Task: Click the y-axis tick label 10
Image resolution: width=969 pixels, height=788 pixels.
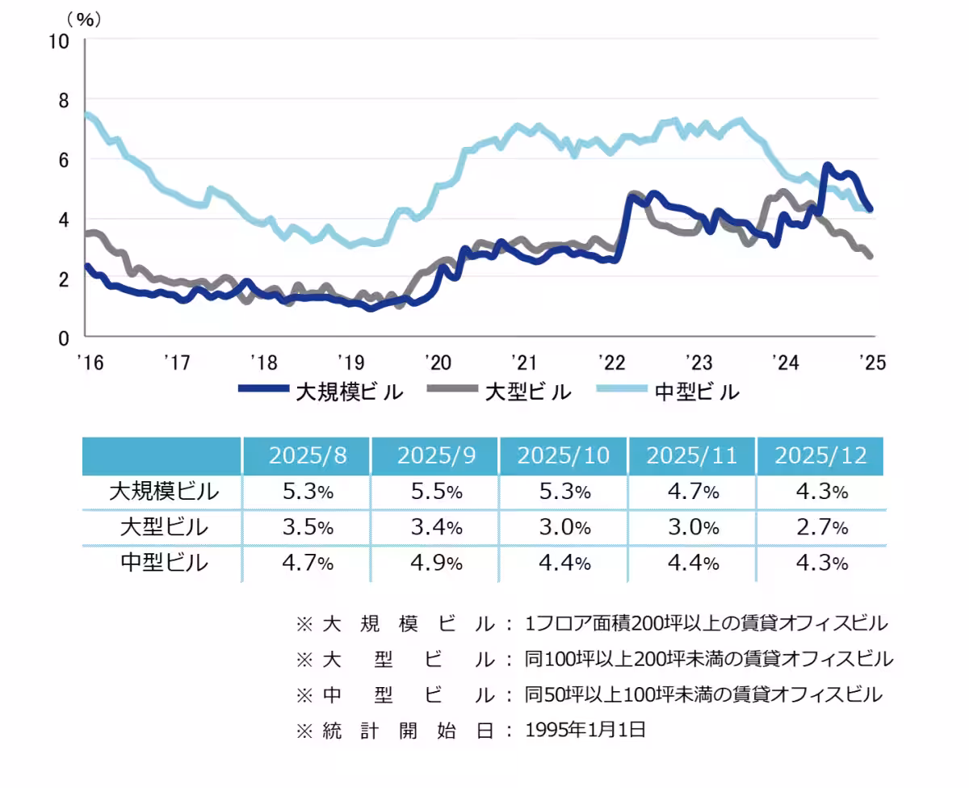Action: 60,41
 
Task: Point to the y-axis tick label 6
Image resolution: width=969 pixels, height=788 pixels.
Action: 65,160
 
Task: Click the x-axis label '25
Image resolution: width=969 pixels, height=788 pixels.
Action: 873,362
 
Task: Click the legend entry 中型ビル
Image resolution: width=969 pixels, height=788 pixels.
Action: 696,392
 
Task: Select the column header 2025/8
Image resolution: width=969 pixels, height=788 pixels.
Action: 307,455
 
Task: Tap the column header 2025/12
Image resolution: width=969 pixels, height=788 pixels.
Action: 820,455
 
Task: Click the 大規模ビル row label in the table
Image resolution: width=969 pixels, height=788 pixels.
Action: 163,491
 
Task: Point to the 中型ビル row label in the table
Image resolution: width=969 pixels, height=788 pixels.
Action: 163,563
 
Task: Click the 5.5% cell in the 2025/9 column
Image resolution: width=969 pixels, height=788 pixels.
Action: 434,491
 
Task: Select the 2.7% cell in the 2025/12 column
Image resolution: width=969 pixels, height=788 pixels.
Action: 820,527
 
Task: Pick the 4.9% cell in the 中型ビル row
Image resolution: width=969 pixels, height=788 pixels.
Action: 434,563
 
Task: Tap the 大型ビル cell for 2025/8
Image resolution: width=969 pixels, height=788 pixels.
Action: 307,527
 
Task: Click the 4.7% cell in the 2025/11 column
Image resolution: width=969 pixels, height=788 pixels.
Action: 691,491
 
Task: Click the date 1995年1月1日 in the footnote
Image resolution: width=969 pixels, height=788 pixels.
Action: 585,730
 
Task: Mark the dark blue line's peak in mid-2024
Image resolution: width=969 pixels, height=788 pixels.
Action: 827,166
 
